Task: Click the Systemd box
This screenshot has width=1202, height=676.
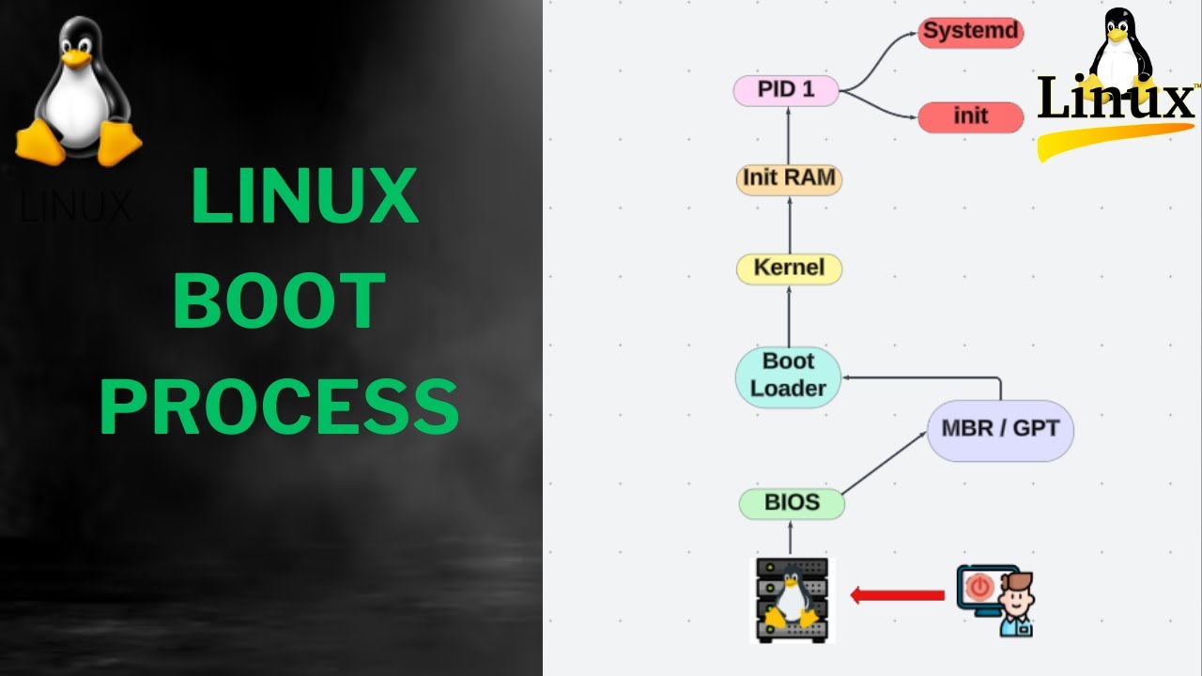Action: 970,32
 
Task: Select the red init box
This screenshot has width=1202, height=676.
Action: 970,116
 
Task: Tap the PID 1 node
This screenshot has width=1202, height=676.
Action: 785,90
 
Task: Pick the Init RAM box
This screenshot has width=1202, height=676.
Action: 789,178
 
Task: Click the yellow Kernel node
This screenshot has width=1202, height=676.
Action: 789,269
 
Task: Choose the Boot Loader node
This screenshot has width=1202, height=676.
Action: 788,376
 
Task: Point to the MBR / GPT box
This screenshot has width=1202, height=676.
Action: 1000,429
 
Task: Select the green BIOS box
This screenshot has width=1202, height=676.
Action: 792,503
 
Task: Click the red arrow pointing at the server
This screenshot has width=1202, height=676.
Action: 897,595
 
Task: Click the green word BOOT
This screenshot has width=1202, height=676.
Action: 279,301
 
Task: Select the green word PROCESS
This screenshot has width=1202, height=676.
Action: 279,407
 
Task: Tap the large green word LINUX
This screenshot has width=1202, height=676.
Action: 303,196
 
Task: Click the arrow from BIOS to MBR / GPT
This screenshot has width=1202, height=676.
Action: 884,464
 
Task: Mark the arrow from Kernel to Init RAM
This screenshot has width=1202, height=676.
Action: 789,224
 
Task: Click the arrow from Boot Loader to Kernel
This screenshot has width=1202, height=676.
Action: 789,315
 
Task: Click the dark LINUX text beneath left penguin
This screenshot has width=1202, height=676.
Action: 75,207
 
